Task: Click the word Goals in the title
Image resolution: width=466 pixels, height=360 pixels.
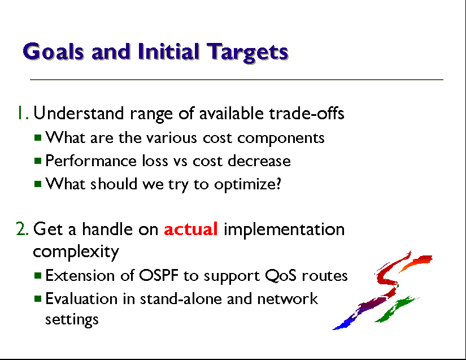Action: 53,52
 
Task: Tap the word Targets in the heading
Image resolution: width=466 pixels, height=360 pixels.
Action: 247,53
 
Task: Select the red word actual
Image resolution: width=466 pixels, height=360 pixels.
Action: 191,229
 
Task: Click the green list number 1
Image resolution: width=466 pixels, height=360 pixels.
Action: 23,112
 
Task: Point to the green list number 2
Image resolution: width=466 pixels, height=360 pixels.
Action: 22,229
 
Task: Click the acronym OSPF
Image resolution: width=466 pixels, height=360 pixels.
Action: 159,275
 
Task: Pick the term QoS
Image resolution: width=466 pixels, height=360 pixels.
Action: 281,276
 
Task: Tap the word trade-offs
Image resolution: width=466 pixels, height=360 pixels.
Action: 306,113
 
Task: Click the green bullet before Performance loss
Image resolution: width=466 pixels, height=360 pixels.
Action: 38,161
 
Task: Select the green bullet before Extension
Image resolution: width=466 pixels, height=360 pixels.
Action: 38,276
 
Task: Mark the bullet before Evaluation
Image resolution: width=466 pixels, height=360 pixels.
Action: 38,298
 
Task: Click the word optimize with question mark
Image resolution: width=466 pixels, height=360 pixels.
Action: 247,185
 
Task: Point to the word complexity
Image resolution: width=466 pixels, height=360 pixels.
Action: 76,252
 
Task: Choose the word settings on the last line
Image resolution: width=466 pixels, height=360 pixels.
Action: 72,320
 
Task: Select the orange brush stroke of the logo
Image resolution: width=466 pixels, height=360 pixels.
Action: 416,262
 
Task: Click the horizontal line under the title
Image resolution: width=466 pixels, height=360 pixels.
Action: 237,80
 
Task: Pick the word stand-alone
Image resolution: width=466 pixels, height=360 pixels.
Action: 181,298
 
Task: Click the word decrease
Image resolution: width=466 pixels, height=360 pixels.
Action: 259,161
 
